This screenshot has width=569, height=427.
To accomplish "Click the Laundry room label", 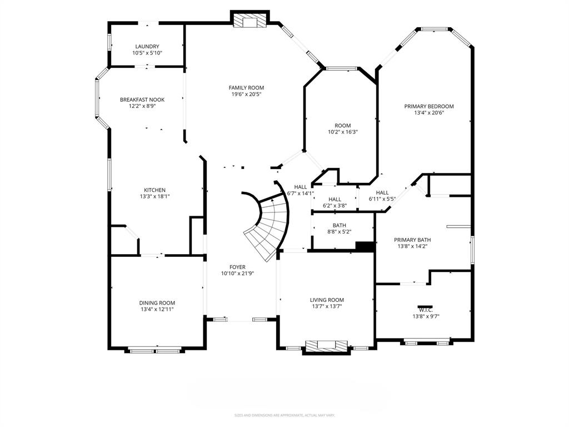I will pyautogui.click(x=147, y=47).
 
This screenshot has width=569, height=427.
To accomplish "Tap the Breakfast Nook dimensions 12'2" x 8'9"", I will pyautogui.click(x=142, y=106).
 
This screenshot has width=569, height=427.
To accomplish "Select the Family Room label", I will pyautogui.click(x=246, y=88).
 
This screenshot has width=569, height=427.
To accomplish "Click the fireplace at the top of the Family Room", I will pyautogui.click(x=249, y=21).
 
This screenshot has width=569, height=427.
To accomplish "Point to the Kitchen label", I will pyautogui.click(x=154, y=190).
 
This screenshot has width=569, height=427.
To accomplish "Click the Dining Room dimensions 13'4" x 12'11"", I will pyautogui.click(x=157, y=309).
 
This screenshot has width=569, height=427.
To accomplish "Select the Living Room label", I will pyautogui.click(x=327, y=300).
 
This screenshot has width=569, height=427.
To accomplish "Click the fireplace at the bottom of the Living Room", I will pyautogui.click(x=326, y=346).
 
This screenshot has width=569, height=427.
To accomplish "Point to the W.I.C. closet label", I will pyautogui.click(x=426, y=310).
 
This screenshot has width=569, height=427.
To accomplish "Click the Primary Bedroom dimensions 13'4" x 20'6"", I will pyautogui.click(x=429, y=113).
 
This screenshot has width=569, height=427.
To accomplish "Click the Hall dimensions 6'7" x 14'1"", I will pyautogui.click(x=301, y=193).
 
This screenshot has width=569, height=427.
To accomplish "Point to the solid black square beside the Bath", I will pyautogui.click(x=365, y=247).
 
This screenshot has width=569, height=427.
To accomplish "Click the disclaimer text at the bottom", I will pyautogui.click(x=284, y=415).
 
